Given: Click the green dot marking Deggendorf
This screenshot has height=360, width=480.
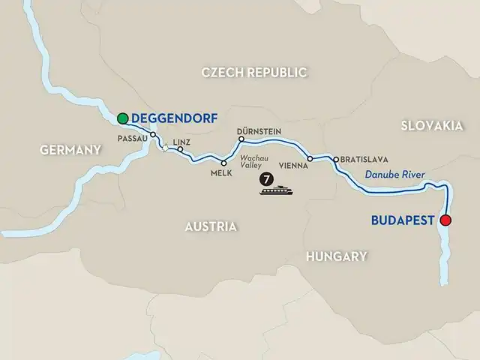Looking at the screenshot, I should (122, 118).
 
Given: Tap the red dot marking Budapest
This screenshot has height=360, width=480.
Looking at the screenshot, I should (446, 220).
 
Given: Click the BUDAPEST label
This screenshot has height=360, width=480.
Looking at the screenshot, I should (403, 220).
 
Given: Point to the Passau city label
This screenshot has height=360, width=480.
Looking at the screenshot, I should (132, 138).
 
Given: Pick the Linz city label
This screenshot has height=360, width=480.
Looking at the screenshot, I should (182, 141).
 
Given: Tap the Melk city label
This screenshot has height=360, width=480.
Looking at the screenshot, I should (222, 173).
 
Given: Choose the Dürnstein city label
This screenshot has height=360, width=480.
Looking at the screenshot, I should (259, 130).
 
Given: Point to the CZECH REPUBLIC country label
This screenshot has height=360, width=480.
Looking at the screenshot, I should (255, 73).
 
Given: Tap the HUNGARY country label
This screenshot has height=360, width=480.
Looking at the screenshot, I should (336, 256).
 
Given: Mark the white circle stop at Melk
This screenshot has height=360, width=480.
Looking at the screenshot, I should (223, 163).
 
